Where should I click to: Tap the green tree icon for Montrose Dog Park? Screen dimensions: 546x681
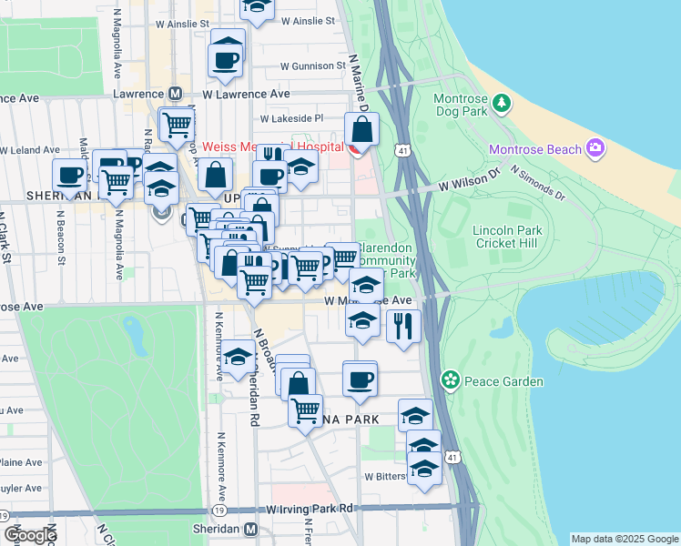[500, 105]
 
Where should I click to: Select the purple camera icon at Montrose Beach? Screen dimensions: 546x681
[595, 147]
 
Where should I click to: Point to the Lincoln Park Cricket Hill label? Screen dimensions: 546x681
[508, 238]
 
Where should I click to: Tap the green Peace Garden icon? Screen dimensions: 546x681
[449, 379]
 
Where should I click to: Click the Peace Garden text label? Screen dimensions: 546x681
[503, 382]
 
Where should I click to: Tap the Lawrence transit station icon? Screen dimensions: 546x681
[175, 94]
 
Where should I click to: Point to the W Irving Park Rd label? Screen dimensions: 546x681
[310, 508]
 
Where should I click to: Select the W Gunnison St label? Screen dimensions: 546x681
[312, 66]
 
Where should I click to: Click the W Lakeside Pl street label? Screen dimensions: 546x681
[292, 118]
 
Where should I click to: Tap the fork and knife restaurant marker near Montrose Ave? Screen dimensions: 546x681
[403, 326]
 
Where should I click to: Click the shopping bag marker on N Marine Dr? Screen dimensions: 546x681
[362, 131]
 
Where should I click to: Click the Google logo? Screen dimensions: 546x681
[30, 534]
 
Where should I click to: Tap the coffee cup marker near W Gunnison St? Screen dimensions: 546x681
[226, 60]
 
